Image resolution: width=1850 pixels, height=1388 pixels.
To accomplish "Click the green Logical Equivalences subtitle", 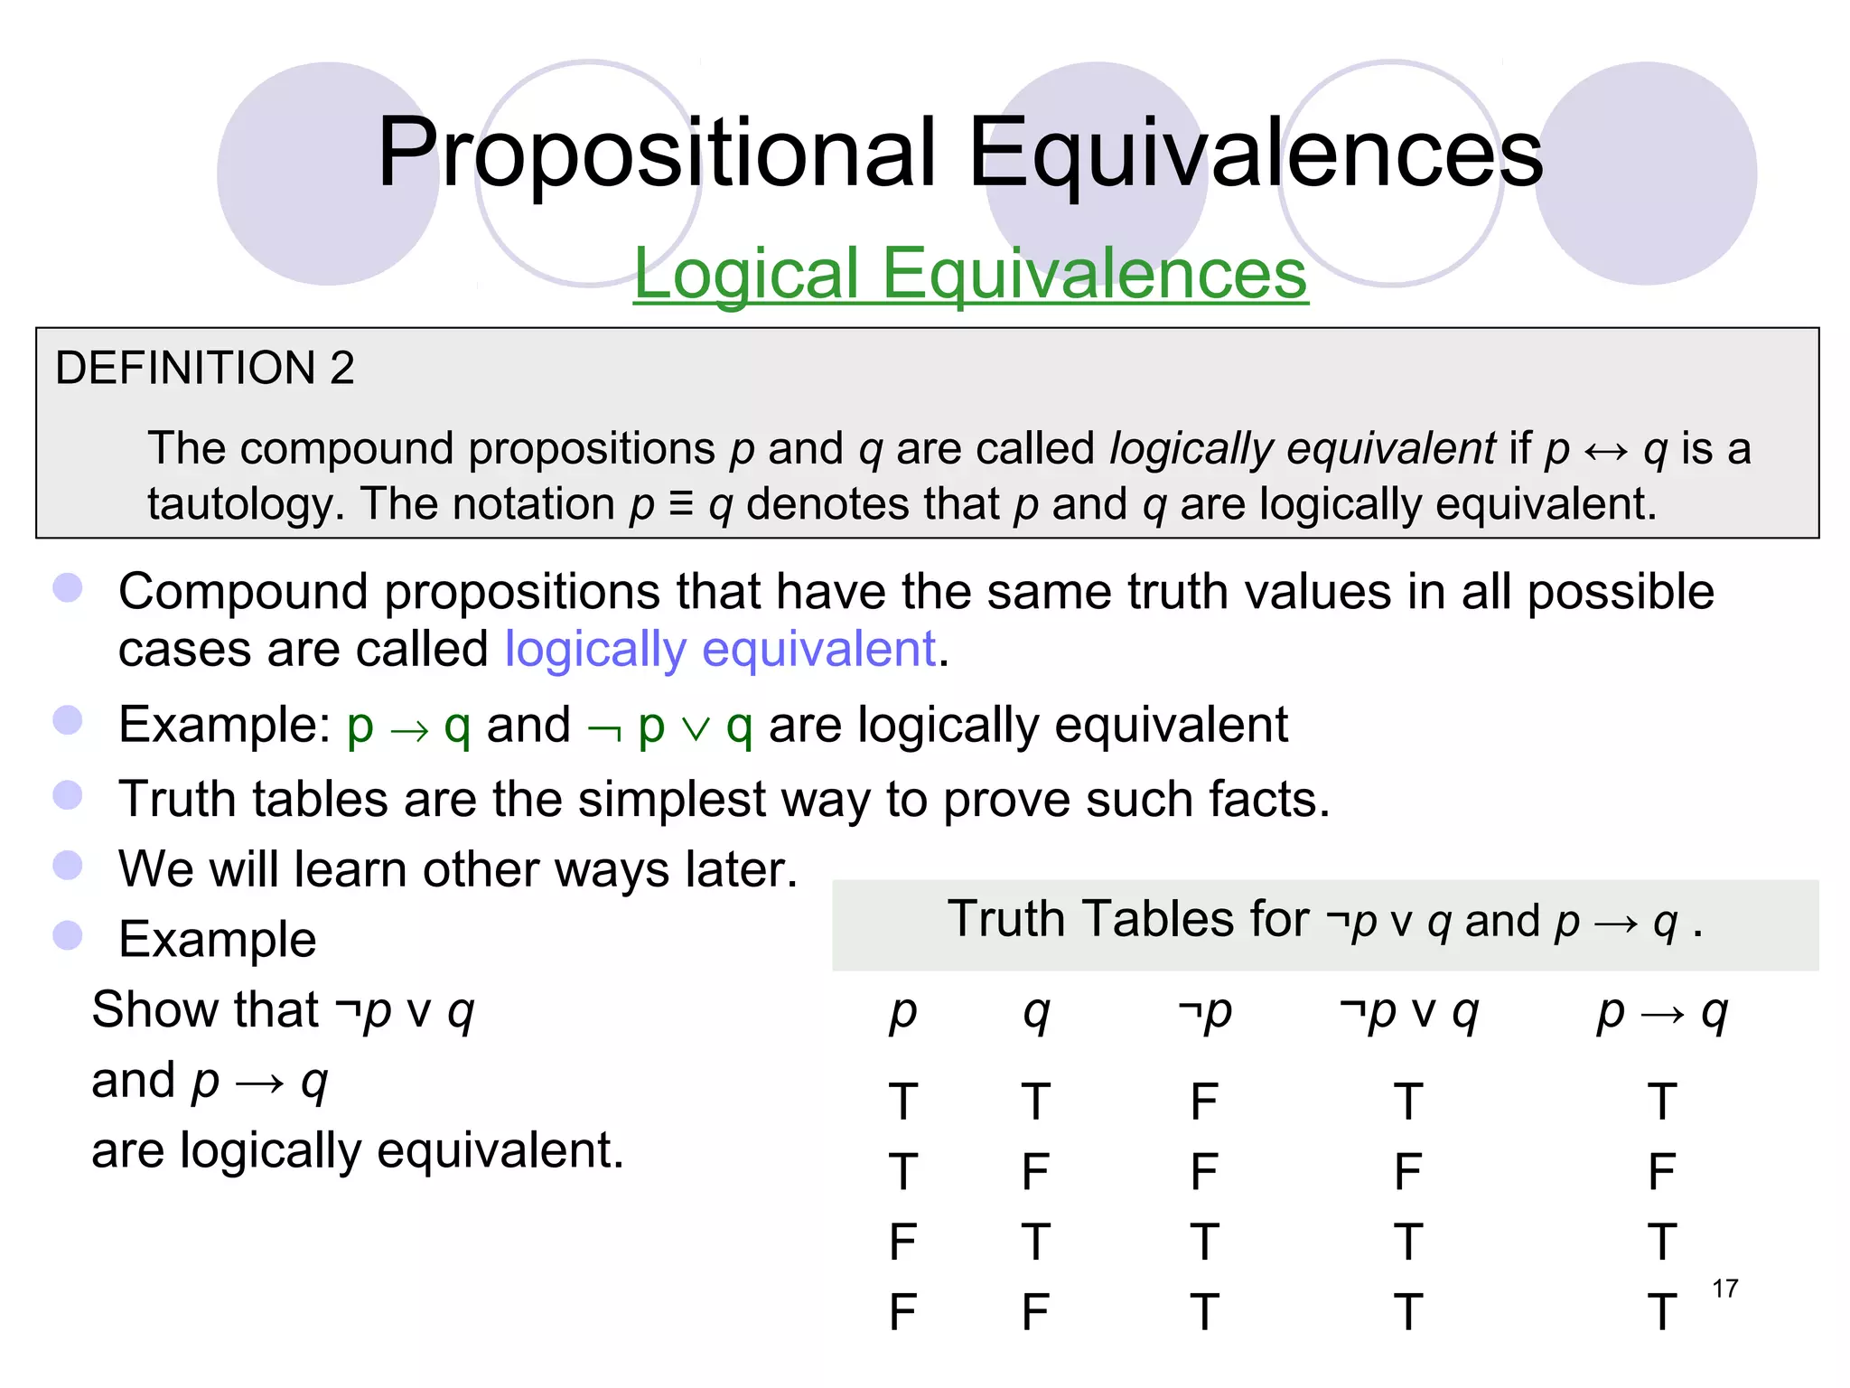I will (x=970, y=273).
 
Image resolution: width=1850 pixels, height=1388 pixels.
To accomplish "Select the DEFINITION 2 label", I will (x=205, y=368).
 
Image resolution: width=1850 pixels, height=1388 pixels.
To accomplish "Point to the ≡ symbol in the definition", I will (x=681, y=504).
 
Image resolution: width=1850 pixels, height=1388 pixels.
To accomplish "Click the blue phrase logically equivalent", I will (x=720, y=649).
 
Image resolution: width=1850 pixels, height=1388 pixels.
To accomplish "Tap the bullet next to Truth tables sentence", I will (x=68, y=795).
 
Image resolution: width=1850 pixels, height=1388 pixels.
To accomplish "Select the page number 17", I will (x=1724, y=1289).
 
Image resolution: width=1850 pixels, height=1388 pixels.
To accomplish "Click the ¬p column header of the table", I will (x=1205, y=1012).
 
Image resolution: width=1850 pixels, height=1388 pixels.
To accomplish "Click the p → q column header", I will (x=1662, y=1012).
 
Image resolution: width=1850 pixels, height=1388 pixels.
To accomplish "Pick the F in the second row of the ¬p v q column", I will (x=1408, y=1172).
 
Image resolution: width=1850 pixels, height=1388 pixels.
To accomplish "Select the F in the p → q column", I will (x=1661, y=1172).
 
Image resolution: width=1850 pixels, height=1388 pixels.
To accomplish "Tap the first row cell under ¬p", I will (x=1204, y=1102).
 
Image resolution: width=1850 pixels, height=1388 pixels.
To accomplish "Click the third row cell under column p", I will (x=902, y=1243).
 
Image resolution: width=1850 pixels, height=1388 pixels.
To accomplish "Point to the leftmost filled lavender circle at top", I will (x=328, y=173).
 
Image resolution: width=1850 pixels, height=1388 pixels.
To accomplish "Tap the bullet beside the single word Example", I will (x=68, y=935).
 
